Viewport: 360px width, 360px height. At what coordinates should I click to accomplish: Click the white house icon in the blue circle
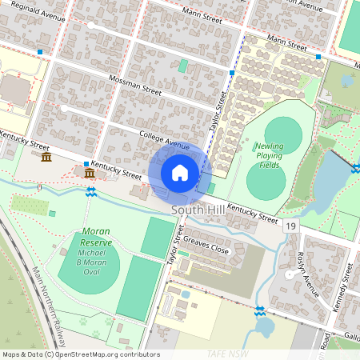pyautogui.click(x=180, y=172)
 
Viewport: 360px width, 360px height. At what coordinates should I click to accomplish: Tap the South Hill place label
pyautogui.click(x=196, y=210)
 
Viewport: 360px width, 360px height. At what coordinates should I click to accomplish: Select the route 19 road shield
pyautogui.click(x=290, y=227)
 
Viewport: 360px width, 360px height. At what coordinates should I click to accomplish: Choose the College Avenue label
pyautogui.click(x=163, y=141)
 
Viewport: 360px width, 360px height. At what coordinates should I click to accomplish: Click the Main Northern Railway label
pyautogui.click(x=48, y=304)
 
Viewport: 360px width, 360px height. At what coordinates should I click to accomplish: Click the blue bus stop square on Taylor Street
pyautogui.click(x=232, y=73)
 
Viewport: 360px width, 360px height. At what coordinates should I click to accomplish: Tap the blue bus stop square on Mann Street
pyautogui.click(x=318, y=57)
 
